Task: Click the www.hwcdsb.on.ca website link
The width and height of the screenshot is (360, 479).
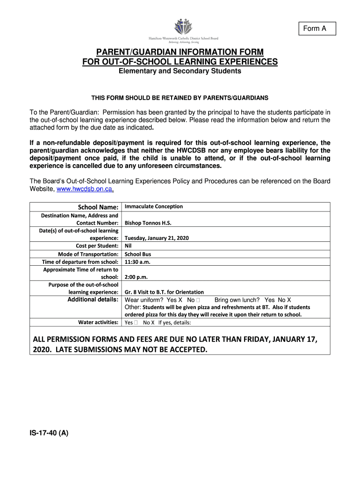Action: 85,189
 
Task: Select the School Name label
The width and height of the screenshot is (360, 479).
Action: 98,207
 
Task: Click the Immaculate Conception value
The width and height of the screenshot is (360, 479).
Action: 153,206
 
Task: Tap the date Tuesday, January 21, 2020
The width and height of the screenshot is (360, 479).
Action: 156,238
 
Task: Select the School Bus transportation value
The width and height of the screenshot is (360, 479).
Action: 137,254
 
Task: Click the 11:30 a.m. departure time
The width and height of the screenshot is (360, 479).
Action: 137,262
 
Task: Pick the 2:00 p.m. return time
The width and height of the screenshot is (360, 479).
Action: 136,277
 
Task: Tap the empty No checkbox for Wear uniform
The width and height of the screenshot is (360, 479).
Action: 199,300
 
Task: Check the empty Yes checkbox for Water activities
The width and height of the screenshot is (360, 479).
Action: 136,322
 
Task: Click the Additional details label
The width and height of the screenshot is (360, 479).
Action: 93,299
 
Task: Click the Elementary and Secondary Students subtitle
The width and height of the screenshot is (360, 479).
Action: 180,71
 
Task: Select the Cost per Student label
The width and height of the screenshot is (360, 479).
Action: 97,246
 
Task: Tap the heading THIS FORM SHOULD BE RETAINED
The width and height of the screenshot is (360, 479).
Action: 180,98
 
